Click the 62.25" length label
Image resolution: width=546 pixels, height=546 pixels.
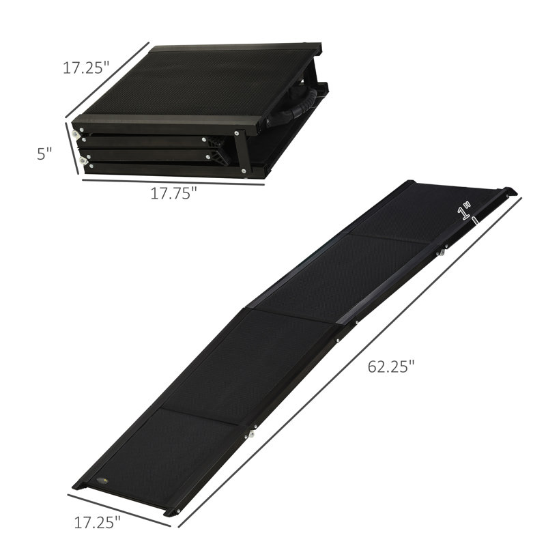(391, 367)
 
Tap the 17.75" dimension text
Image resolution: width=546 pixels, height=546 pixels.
(173, 193)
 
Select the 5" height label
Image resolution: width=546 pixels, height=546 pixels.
(45, 154)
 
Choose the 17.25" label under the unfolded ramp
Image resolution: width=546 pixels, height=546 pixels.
(96, 523)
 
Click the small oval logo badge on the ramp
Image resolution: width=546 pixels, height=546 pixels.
(103, 481)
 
